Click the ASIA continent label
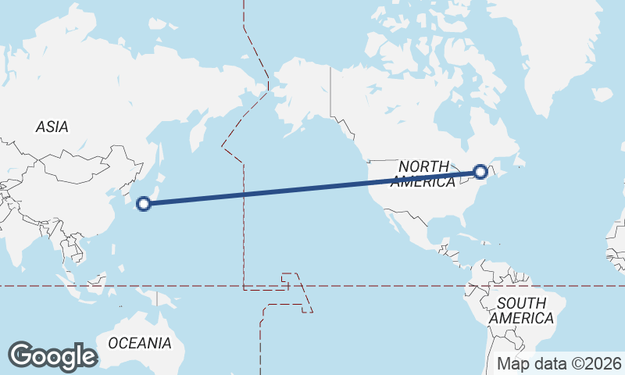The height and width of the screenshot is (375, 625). coord(52,127)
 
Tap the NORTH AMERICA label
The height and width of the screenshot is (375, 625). coord(423,173)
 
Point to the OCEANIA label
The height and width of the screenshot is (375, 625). coord(140,343)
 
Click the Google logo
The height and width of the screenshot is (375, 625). coord(52,356)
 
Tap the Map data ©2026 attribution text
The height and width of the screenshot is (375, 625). coord(559,363)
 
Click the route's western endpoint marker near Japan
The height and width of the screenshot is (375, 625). coord(143,204)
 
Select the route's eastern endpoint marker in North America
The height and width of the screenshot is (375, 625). coord(481,172)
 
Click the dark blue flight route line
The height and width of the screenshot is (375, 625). coord(312,187)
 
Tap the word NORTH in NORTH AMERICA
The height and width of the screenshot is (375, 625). coord(423,166)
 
